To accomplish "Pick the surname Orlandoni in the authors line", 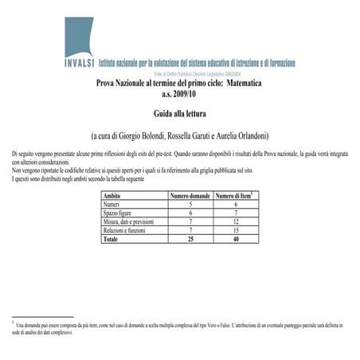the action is click(248, 135).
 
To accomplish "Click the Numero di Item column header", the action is click(237, 195).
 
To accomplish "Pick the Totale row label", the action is click(112, 239).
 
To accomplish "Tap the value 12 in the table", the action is click(237, 221).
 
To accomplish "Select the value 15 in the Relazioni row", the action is click(237, 230).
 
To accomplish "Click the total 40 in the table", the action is click(237, 239).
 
